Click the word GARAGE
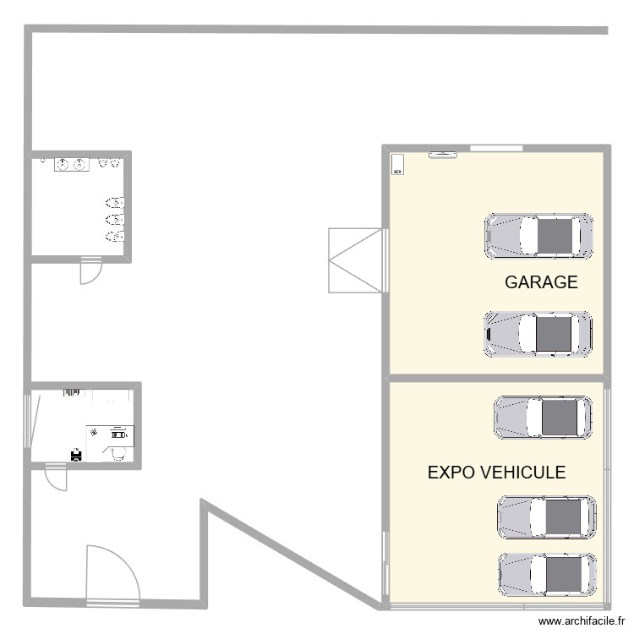click(x=541, y=282)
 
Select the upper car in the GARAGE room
click(x=538, y=236)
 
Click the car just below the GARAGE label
click(x=538, y=334)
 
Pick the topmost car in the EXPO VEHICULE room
click(x=543, y=418)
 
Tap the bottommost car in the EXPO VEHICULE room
click(x=547, y=575)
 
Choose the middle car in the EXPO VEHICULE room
click(x=547, y=517)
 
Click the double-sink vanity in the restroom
click(x=72, y=164)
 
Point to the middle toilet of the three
click(x=115, y=219)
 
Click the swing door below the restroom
click(x=90, y=271)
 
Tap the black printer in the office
click(x=76, y=456)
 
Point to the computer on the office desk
click(x=118, y=434)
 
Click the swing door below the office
click(x=56, y=479)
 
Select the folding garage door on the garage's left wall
click(x=355, y=260)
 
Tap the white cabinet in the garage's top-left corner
click(x=398, y=164)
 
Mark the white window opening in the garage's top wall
click(x=496, y=149)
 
